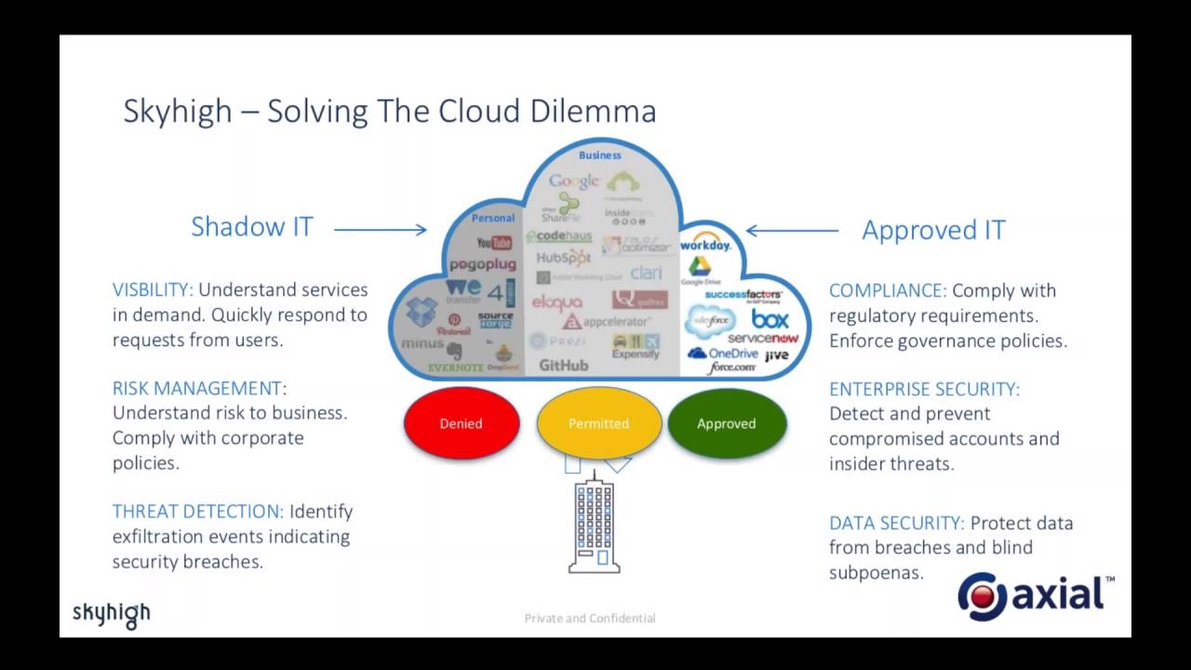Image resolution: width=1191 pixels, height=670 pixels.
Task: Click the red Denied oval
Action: click(461, 423)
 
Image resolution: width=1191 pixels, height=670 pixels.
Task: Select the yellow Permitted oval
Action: click(598, 423)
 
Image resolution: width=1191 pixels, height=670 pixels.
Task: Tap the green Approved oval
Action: click(727, 423)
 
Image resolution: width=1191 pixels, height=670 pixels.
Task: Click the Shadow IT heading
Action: click(251, 227)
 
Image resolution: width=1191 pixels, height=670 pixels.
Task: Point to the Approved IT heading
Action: click(933, 231)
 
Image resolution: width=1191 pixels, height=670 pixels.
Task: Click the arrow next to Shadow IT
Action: click(380, 229)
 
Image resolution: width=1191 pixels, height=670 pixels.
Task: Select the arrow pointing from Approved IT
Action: click(792, 230)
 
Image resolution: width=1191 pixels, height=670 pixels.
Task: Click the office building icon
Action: click(594, 525)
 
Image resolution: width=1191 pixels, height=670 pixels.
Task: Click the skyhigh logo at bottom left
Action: click(112, 614)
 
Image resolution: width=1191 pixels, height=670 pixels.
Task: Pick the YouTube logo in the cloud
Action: click(494, 244)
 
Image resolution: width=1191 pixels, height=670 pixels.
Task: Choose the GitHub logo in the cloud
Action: click(563, 366)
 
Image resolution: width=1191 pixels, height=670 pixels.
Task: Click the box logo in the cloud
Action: click(769, 319)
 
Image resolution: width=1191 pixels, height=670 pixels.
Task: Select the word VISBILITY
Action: click(153, 290)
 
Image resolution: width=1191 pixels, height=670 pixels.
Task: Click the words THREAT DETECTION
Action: click(197, 512)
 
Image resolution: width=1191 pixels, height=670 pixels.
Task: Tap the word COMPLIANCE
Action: click(887, 290)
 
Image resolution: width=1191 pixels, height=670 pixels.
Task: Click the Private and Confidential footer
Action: click(590, 618)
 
